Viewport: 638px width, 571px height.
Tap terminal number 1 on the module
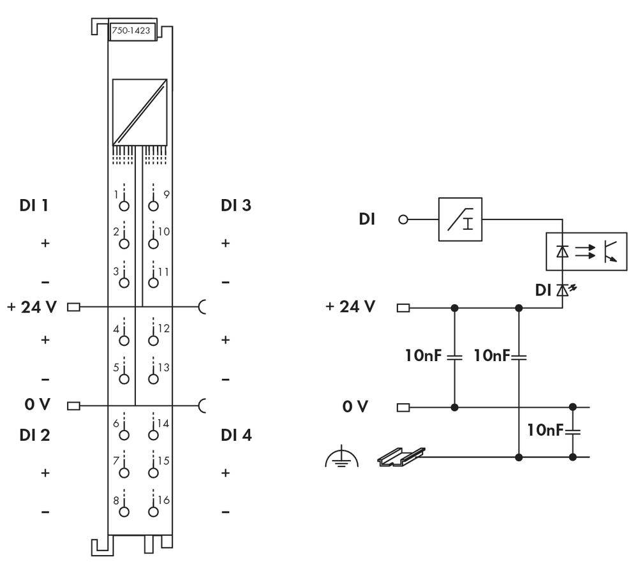(x=124, y=205)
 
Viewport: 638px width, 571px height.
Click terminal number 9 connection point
(x=152, y=205)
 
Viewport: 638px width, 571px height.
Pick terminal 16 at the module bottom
(x=152, y=510)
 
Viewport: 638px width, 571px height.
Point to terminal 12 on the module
(x=152, y=339)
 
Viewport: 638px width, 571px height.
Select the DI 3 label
(x=236, y=205)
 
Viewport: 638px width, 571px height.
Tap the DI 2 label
(x=34, y=435)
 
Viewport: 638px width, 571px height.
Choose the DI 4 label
(x=236, y=435)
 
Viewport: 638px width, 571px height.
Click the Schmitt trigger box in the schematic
(x=460, y=219)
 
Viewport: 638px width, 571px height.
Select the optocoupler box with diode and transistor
(x=586, y=251)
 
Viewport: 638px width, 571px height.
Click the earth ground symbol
(x=342, y=458)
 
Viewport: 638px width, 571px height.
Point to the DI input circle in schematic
(x=403, y=219)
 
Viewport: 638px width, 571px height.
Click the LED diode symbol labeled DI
(x=562, y=291)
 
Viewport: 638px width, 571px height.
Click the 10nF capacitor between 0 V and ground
(x=572, y=431)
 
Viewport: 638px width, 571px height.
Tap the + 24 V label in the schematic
(x=350, y=307)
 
